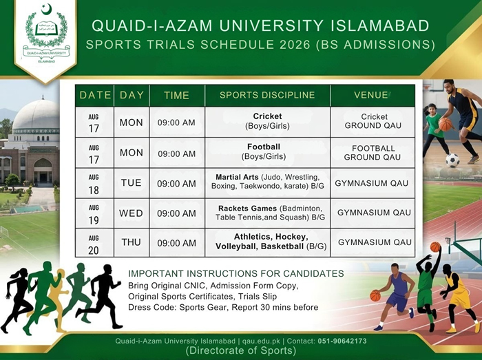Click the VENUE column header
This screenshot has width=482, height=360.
click(373, 95)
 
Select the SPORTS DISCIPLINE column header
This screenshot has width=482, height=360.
click(267, 95)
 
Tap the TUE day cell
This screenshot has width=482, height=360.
click(132, 183)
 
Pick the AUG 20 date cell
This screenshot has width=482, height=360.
click(94, 245)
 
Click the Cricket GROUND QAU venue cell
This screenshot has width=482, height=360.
click(373, 121)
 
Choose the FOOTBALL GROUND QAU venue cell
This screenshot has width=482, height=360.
click(373, 153)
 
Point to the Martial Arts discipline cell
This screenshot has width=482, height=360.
click(267, 182)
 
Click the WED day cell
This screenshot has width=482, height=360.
click(131, 213)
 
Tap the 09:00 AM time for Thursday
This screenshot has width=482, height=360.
click(177, 243)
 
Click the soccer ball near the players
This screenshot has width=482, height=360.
click(452, 160)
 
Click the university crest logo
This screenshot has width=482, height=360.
click(46, 33)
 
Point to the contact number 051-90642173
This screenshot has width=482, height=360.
click(342, 341)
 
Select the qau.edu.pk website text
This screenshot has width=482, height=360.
click(261, 341)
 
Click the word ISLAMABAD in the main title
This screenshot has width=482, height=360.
click(379, 25)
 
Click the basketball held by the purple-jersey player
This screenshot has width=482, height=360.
click(375, 296)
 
